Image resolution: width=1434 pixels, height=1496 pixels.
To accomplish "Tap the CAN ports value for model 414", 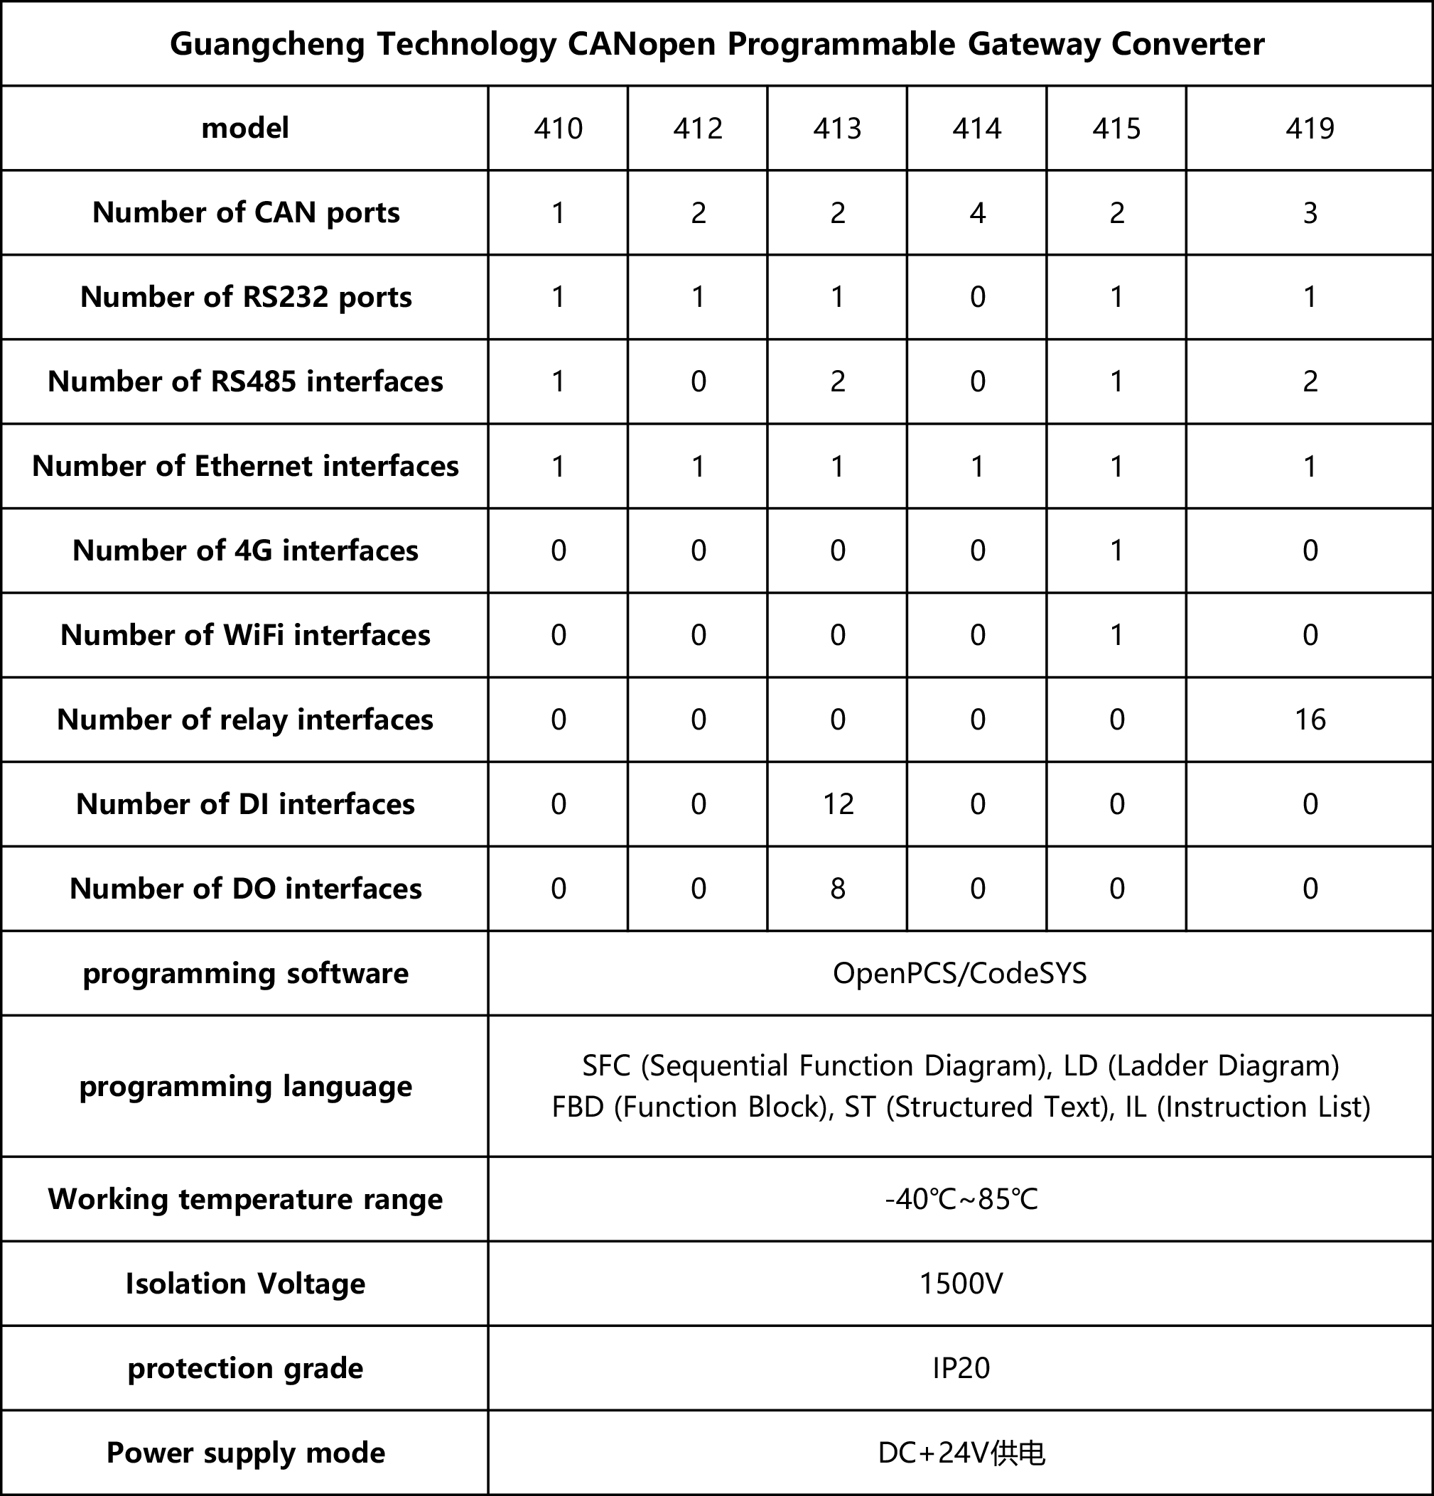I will (x=976, y=213).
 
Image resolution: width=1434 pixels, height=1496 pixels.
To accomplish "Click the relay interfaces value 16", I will (x=1310, y=720).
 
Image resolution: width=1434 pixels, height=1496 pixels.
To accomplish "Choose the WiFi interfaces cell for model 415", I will (x=1116, y=635).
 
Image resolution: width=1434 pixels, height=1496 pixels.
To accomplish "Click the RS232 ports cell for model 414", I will (x=976, y=297).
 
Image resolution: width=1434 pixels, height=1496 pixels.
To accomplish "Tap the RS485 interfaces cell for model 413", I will (x=838, y=381).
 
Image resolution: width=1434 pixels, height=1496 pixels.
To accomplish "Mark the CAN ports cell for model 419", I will (x=1310, y=213).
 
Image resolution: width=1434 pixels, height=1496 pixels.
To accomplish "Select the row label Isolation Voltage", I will (x=245, y=1284).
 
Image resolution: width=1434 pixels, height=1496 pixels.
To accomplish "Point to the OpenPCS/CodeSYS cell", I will (x=960, y=973).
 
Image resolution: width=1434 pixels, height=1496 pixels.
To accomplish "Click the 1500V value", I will (x=960, y=1284).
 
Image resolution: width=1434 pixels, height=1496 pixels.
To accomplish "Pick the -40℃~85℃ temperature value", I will (x=960, y=1199).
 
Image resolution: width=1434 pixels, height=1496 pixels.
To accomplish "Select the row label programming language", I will (x=245, y=1086).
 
